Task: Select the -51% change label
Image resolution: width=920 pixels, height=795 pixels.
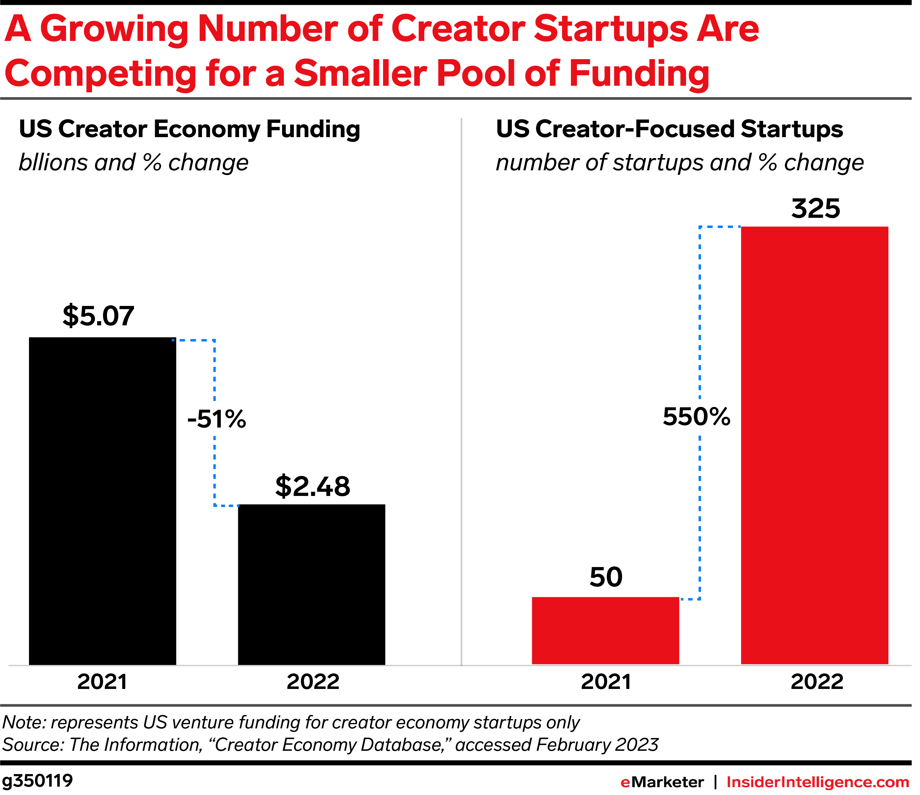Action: [217, 419]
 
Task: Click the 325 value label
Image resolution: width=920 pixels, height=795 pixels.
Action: [816, 209]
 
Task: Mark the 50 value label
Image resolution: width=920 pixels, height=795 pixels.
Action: [606, 577]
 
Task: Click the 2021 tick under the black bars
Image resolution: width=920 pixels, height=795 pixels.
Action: [102, 682]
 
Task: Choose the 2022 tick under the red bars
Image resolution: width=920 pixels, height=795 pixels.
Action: [817, 682]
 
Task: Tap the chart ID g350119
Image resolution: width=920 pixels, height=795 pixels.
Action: [37, 781]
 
